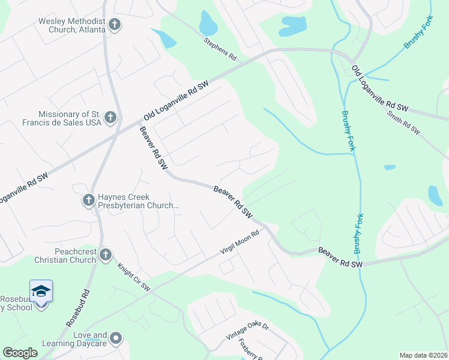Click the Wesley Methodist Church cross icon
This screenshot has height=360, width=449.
[115, 25]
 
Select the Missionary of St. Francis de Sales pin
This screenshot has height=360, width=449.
[110, 118]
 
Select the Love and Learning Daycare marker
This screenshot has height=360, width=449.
[116, 339]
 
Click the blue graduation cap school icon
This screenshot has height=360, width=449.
[41, 291]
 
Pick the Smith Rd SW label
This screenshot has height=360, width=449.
[403, 122]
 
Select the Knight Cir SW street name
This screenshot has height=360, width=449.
[134, 278]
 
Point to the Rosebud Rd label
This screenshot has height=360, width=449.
[79, 316]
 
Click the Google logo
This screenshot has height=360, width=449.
[20, 353]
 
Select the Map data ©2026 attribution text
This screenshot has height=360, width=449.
[423, 355]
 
